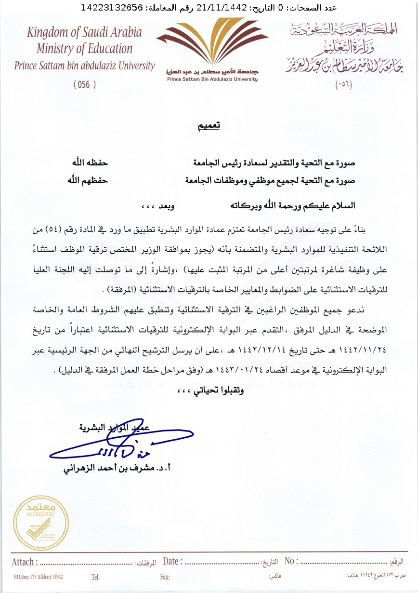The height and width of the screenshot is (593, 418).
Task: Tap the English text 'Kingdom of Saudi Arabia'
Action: [x=84, y=33]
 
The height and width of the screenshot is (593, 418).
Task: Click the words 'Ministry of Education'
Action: [x=84, y=49]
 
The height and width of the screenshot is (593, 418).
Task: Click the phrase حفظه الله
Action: [x=87, y=162]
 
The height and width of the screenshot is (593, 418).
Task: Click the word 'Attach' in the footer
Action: [x=23, y=562]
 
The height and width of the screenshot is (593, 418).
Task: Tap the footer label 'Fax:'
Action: [x=165, y=577]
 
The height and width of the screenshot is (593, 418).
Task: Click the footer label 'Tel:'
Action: [x=95, y=577]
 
